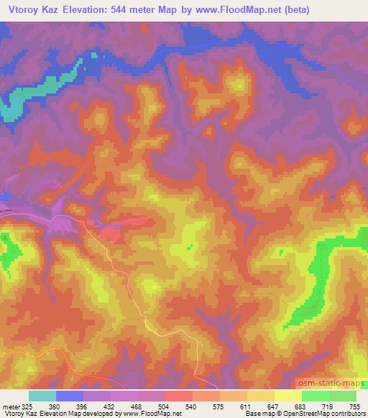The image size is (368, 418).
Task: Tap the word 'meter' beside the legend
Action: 9,406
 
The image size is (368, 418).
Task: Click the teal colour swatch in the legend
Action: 42,396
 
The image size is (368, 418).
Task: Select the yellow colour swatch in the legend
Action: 287,396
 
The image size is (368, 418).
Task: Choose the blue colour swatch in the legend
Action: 70,396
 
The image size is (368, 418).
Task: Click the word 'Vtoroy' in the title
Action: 25,9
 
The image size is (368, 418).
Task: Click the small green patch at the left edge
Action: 9,251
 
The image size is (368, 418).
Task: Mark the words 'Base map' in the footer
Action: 259,414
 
